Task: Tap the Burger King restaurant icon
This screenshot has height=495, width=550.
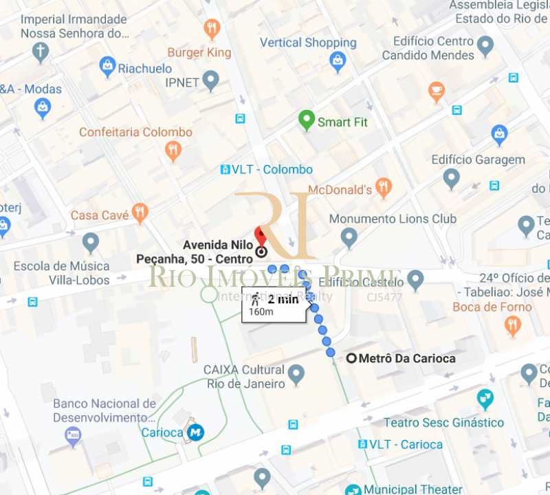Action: (x=212, y=29)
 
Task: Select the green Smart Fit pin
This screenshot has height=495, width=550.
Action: (x=307, y=120)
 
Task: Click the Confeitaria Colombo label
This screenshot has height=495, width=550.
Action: (x=135, y=132)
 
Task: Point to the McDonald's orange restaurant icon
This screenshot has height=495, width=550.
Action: (x=384, y=187)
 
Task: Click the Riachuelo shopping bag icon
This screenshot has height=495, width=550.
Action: (x=107, y=66)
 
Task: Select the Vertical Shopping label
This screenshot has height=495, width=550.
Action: (x=308, y=43)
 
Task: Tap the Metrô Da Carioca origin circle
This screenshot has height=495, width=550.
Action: (x=352, y=358)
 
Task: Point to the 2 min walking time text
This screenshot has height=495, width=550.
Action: (x=283, y=299)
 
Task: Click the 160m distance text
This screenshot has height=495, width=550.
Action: (x=261, y=311)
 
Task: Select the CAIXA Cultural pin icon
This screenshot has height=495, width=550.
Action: (x=296, y=375)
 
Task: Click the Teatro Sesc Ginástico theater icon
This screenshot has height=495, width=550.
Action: (x=485, y=398)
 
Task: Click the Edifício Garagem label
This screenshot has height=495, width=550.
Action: (x=478, y=159)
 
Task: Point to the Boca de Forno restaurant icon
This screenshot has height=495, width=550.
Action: (x=512, y=324)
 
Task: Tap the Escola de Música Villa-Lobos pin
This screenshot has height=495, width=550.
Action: (x=91, y=242)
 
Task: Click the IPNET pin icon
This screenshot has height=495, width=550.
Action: (x=210, y=81)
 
